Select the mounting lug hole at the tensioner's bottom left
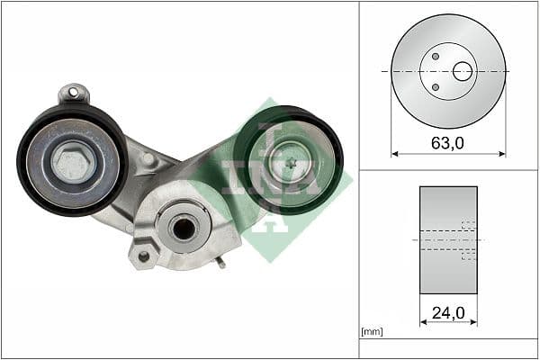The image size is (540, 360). [x=142, y=256]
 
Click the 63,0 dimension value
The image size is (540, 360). [x=448, y=141]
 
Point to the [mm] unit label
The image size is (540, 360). [x=372, y=332]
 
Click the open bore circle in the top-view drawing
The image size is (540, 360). [x=463, y=71]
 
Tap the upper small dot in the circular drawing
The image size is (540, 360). [x=436, y=57]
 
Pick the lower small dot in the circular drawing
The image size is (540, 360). [x=436, y=87]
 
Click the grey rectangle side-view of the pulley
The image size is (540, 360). [x=441, y=239]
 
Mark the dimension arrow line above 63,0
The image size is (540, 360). [x=448, y=155]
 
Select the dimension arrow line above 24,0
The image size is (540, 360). [x=448, y=322]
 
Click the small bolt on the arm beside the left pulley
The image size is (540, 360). [x=148, y=159]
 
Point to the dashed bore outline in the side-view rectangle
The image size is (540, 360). [x=468, y=240]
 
